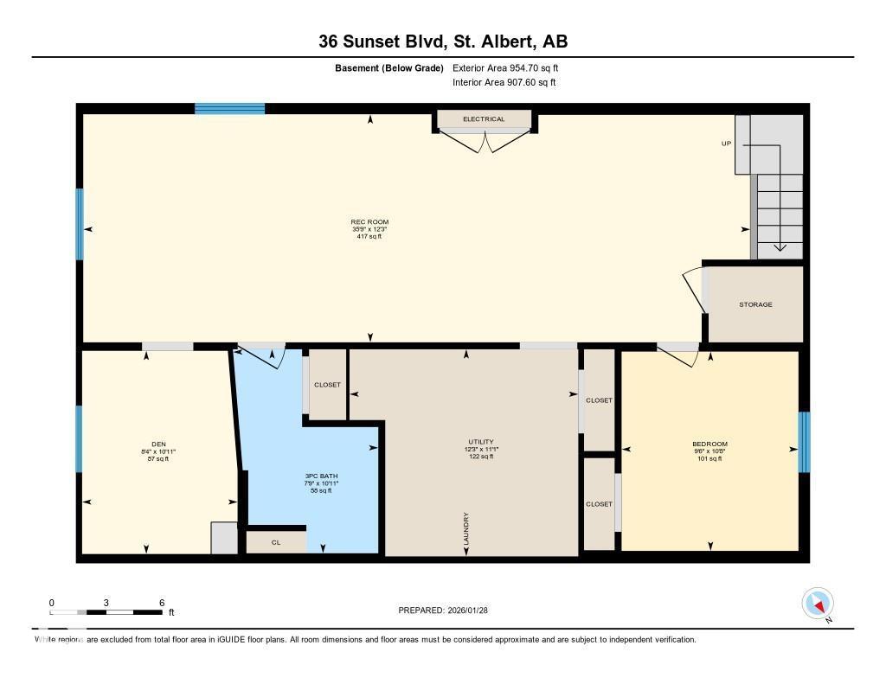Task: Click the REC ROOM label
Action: [x=369, y=222]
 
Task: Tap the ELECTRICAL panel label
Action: [x=484, y=119]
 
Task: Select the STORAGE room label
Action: [x=755, y=304]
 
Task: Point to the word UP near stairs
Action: [x=726, y=144]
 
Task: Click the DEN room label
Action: [x=157, y=444]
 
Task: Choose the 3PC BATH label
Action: [x=315, y=476]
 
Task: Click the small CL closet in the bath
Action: [x=276, y=542]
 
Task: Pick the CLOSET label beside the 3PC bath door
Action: [x=327, y=385]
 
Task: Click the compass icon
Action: [x=818, y=604]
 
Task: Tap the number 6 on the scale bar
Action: [x=162, y=602]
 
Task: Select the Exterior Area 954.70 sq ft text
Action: [x=511, y=67]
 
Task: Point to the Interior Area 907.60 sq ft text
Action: [x=504, y=83]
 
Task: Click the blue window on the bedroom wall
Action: [x=804, y=442]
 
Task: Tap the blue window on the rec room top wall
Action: [x=229, y=108]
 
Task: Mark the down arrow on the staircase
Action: [x=780, y=246]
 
